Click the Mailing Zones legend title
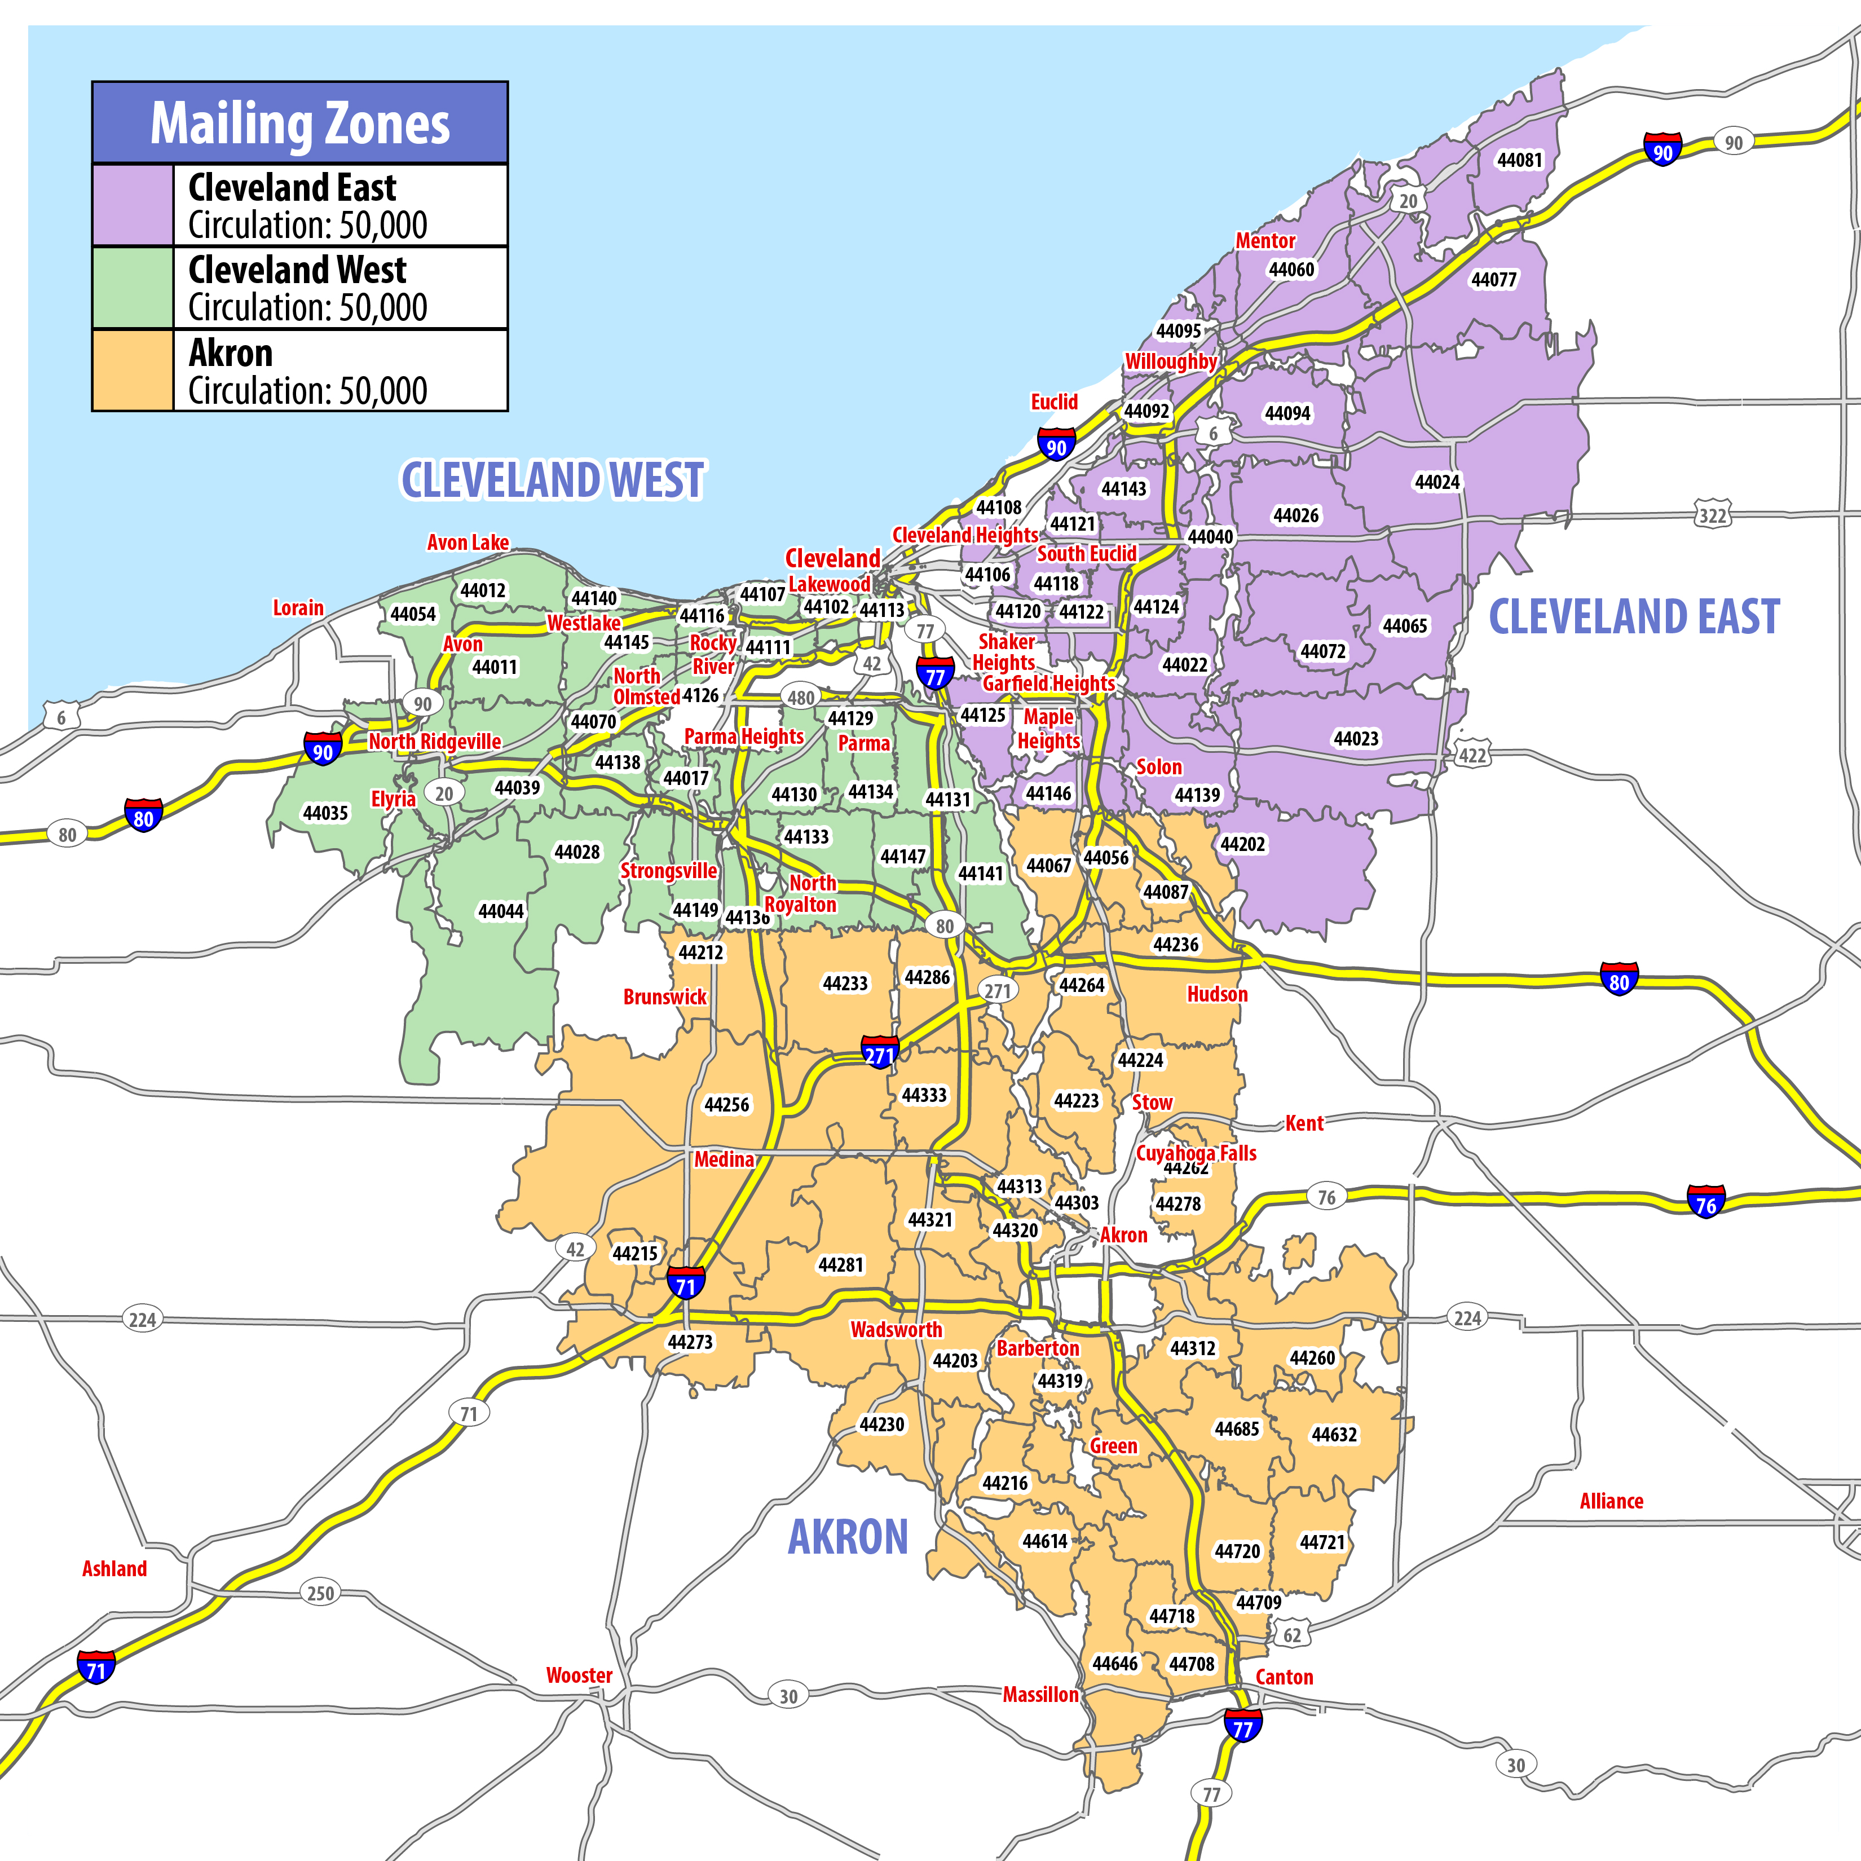(x=299, y=124)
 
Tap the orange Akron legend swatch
(x=133, y=371)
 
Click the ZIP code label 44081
(x=1519, y=160)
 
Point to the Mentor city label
(x=1265, y=241)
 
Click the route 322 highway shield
(x=1712, y=515)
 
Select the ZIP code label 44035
(x=325, y=813)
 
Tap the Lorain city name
(x=298, y=608)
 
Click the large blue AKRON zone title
(x=848, y=1536)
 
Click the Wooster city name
(x=579, y=1675)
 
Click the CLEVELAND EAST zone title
(x=1634, y=616)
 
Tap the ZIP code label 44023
(x=1355, y=739)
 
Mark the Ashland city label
(x=114, y=1568)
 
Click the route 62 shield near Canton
(x=1292, y=1635)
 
